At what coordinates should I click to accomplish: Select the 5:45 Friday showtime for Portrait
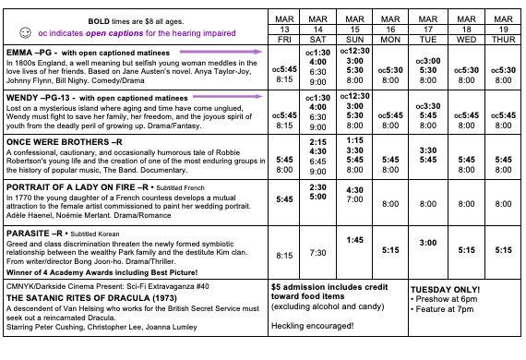coord(285,198)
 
